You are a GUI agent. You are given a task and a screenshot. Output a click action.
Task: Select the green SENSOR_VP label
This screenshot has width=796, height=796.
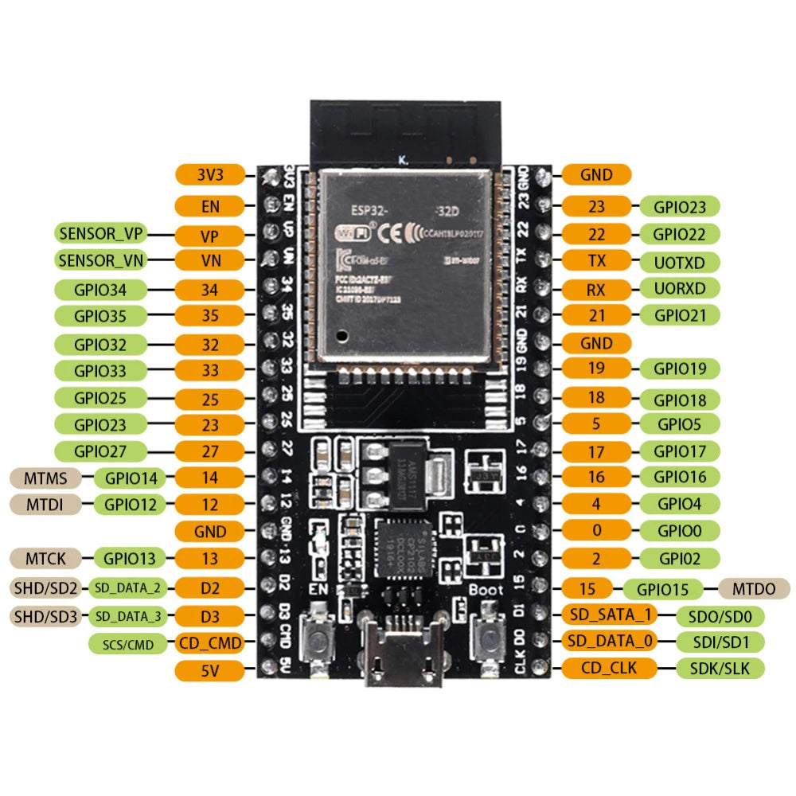point(103,234)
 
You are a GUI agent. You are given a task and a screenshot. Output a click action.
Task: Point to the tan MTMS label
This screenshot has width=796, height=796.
point(45,478)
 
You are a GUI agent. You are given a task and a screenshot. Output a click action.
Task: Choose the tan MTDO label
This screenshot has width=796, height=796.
point(753,589)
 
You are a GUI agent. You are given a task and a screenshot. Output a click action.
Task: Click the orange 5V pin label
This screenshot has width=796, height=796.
point(209,671)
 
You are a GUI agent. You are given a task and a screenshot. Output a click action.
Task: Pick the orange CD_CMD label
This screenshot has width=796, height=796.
point(209,642)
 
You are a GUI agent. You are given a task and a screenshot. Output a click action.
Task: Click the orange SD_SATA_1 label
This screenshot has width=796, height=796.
point(611,615)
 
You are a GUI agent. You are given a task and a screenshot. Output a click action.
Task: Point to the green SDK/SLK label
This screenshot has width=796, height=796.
point(719,668)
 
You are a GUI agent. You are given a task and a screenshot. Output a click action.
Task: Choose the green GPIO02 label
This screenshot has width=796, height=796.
point(680,557)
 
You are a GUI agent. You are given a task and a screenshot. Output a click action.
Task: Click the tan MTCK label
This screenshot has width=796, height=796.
point(45,558)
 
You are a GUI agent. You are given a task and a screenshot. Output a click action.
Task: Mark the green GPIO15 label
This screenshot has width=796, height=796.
point(663,589)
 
